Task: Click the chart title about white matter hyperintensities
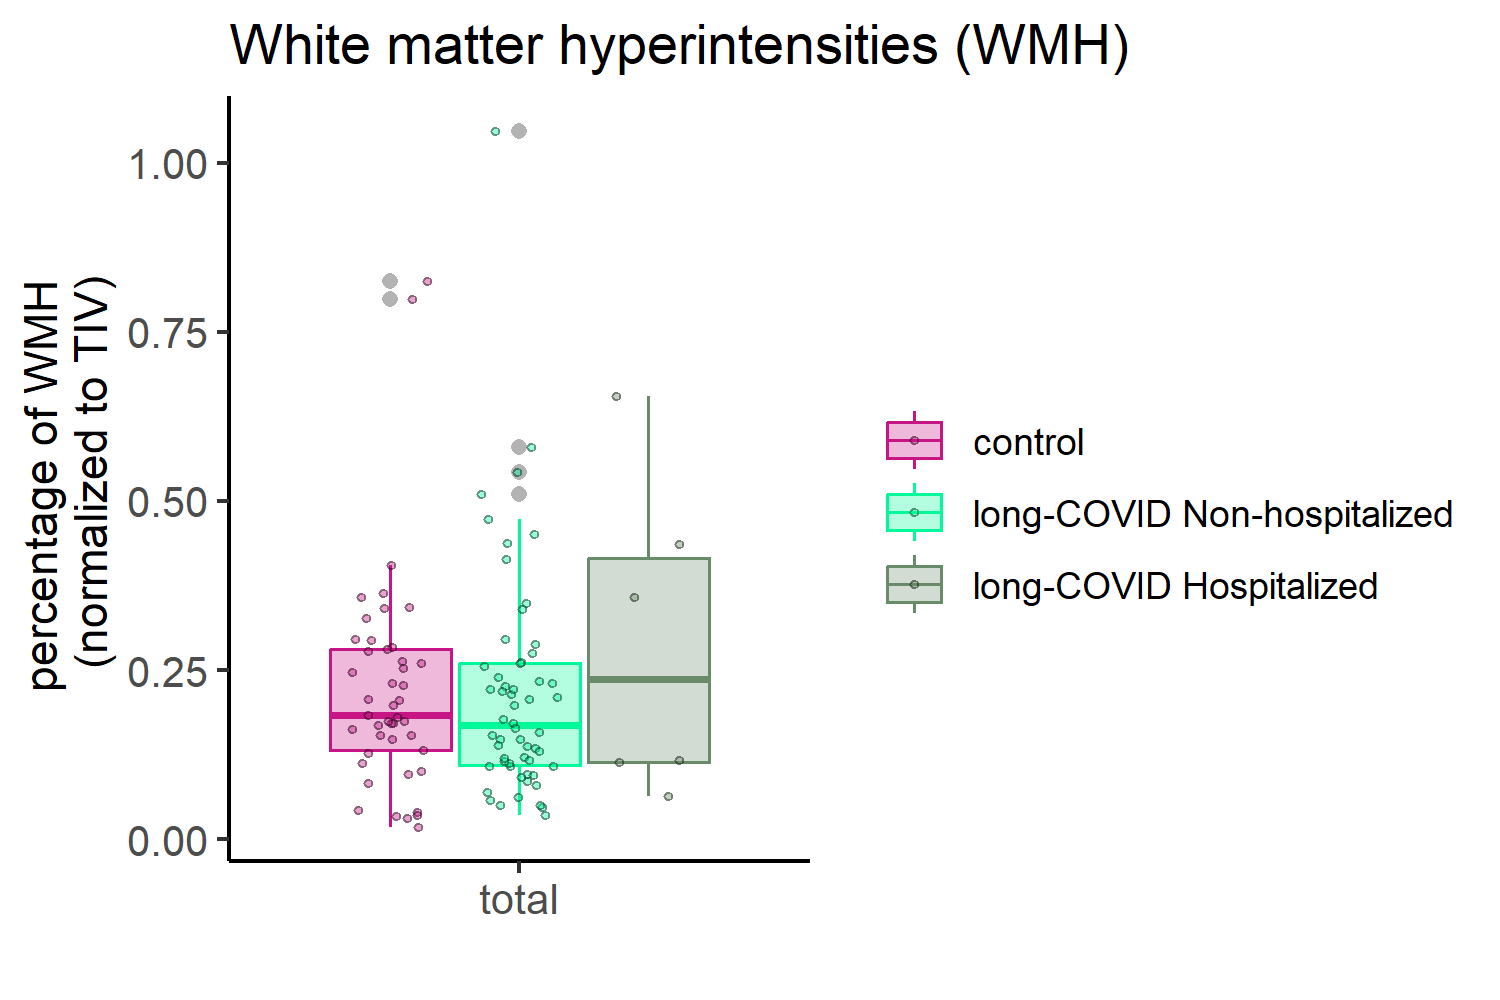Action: point(679,46)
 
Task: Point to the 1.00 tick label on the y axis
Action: point(168,164)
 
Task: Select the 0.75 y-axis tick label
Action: point(168,333)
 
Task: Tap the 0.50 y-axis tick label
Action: point(168,502)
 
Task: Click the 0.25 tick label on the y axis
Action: point(168,671)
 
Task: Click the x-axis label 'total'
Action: point(519,900)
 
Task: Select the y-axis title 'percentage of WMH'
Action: point(46,485)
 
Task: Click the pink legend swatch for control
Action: point(914,441)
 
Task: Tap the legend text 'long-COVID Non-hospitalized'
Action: point(1213,514)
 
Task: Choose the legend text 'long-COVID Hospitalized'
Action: point(1175,586)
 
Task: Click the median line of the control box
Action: point(391,715)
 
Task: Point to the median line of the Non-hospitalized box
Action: point(520,725)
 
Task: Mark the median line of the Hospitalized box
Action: point(649,679)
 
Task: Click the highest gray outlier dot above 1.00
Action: point(519,131)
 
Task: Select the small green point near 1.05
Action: point(496,132)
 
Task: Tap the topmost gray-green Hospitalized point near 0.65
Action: point(616,397)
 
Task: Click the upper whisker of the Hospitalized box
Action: point(648,477)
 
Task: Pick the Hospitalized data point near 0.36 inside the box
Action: point(634,597)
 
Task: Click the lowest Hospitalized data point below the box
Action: point(668,796)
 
